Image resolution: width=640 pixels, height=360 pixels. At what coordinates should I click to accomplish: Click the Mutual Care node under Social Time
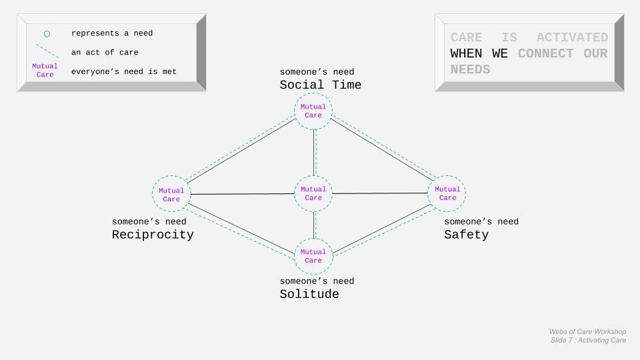coord(313,111)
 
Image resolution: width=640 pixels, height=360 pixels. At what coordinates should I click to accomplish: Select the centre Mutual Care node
coord(313,194)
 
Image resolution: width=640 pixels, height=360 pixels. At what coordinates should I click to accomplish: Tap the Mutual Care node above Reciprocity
coord(171,195)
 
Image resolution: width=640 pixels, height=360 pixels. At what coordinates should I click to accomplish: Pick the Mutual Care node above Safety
coord(447,193)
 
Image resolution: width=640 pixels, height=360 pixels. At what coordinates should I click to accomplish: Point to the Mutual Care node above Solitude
coord(313,256)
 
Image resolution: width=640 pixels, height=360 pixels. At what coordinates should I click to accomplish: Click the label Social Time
coord(320,85)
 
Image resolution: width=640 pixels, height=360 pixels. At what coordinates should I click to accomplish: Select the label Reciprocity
coord(153,235)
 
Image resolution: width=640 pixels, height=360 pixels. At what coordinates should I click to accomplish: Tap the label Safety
coord(466,235)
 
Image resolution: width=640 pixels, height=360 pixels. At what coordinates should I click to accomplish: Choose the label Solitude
coord(309,295)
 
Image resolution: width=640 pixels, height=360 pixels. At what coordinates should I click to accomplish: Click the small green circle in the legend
coord(47,34)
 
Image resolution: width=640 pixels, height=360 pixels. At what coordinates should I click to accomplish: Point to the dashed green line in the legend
coord(47,51)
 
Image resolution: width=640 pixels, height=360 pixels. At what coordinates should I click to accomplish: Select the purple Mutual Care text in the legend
coord(45,71)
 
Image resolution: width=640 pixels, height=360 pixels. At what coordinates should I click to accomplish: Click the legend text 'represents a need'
coord(112,33)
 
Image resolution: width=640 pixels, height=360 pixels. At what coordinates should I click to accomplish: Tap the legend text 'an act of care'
coord(105,52)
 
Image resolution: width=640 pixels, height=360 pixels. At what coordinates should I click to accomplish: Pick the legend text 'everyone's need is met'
coord(124,71)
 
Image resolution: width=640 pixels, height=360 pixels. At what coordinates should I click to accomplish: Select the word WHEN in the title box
coord(467,53)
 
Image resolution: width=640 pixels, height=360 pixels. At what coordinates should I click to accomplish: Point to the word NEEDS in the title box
coord(470,69)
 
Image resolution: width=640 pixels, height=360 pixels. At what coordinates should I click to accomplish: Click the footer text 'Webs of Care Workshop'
coord(587,331)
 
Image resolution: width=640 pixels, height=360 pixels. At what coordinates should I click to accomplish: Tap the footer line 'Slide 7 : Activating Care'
coord(588,341)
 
